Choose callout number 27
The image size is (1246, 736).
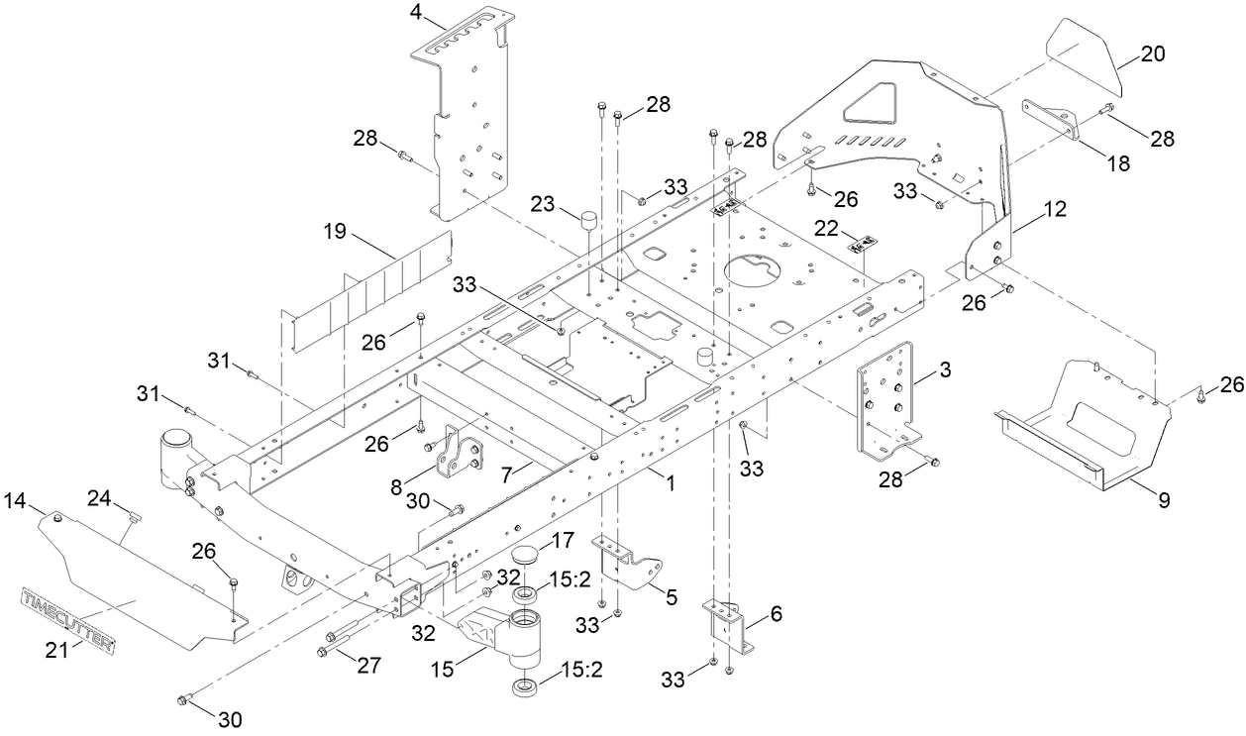(369, 666)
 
